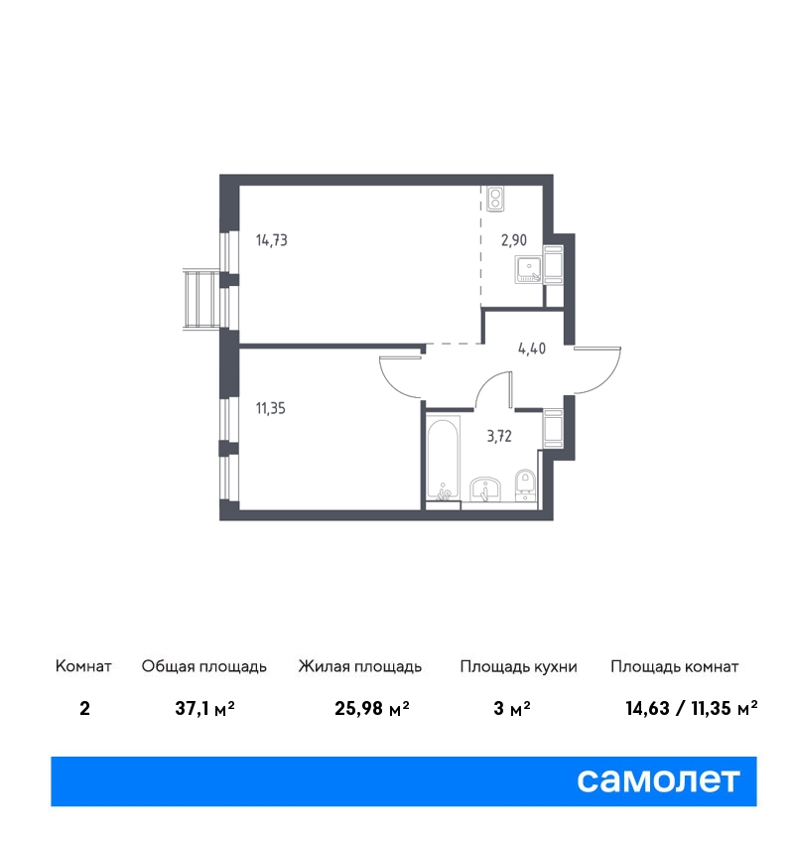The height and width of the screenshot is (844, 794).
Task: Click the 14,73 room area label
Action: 272,240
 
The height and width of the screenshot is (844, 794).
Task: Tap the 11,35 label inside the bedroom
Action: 271,408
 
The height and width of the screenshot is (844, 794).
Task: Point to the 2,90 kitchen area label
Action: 514,240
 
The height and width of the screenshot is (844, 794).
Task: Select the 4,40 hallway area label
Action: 532,349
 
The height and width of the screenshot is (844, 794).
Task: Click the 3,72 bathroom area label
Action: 499,436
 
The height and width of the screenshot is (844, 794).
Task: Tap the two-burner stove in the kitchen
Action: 495,198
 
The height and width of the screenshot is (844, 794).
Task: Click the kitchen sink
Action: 529,270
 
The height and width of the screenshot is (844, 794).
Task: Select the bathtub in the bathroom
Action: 444,457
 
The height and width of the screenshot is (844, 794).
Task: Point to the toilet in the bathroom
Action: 525,486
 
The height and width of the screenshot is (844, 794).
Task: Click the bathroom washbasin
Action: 485,489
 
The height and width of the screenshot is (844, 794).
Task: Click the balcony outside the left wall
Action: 201,299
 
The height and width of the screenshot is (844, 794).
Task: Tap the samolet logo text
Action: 658,780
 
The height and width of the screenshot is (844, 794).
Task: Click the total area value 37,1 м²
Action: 204,708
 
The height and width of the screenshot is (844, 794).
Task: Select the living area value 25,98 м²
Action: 372,708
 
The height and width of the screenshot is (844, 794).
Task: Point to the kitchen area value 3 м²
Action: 511,708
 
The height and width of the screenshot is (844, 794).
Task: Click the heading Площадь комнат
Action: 675,667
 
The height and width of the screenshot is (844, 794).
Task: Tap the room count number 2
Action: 84,708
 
